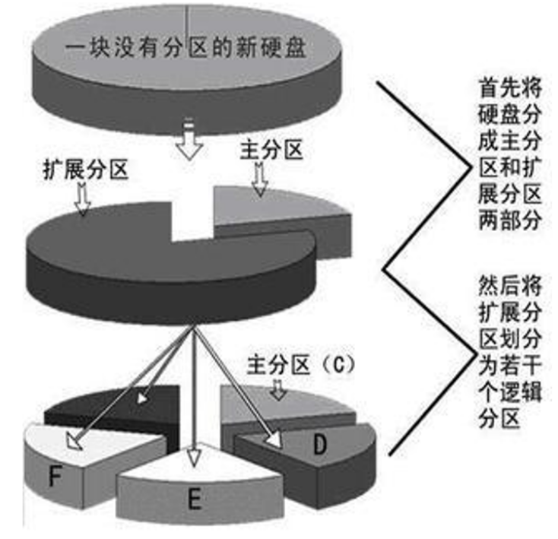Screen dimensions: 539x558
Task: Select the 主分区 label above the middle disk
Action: (271, 148)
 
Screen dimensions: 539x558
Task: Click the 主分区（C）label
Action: (302, 364)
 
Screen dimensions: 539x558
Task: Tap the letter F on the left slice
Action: (54, 477)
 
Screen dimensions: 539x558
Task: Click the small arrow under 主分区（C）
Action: (279, 389)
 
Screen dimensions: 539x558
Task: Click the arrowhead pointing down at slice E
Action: (195, 456)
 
